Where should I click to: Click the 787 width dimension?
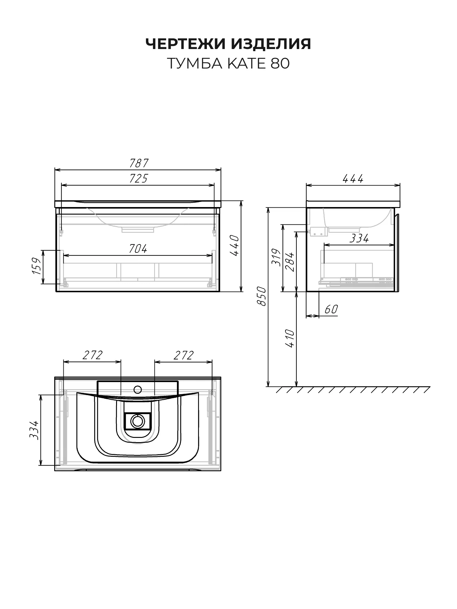[139, 164]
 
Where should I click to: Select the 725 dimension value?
[139, 179]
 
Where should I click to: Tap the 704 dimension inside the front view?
[138, 249]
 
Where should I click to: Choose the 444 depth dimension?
[353, 179]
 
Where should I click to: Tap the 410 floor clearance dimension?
[290, 339]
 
